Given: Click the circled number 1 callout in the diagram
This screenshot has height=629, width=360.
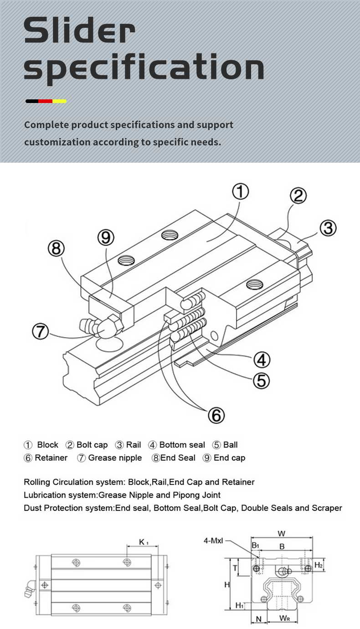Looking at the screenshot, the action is [x=240, y=191].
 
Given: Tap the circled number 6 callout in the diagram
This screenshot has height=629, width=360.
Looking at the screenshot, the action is [x=216, y=415].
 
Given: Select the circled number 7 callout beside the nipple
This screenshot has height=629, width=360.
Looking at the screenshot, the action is [x=41, y=331].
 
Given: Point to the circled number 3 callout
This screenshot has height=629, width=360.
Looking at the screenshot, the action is [x=328, y=228].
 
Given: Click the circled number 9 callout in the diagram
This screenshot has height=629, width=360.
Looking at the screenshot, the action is [x=106, y=237].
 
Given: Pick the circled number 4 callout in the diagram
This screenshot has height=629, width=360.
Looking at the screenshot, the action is [x=262, y=360].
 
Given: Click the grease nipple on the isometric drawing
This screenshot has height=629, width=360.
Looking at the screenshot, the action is [x=101, y=326].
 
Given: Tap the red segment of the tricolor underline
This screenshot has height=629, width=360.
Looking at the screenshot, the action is [x=46, y=101].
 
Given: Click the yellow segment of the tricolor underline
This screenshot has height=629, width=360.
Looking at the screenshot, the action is [x=60, y=101].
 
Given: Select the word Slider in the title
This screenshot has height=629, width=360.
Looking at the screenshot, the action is [x=79, y=30].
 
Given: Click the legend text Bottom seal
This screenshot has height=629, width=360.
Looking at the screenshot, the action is [x=182, y=445].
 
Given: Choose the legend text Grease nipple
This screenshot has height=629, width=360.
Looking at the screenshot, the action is [x=115, y=458].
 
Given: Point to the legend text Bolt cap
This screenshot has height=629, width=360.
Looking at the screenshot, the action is [x=92, y=445].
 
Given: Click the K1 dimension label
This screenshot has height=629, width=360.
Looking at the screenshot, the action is [x=144, y=542].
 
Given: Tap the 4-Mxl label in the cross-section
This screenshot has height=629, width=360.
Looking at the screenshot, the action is [x=213, y=541].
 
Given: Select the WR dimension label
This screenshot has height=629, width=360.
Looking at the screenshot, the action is [x=284, y=618].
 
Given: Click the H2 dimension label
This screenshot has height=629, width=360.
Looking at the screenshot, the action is [x=318, y=565].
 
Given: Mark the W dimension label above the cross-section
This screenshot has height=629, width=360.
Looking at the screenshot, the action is [x=281, y=534].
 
